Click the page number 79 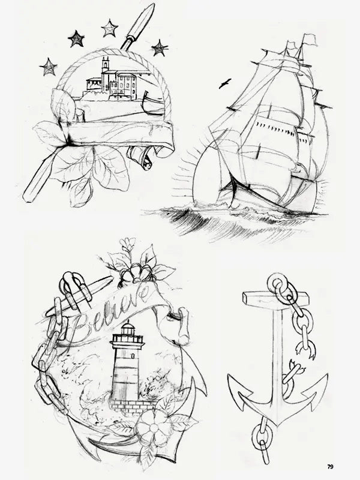click(330, 467)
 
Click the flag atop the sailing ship click(309, 38)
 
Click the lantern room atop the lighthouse click(128, 328)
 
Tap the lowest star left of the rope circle click(49, 67)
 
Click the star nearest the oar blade click(160, 48)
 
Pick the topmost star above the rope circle click(109, 28)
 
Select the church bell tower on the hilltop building click(106, 73)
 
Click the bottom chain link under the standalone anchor click(265, 455)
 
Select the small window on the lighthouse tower click(133, 356)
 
